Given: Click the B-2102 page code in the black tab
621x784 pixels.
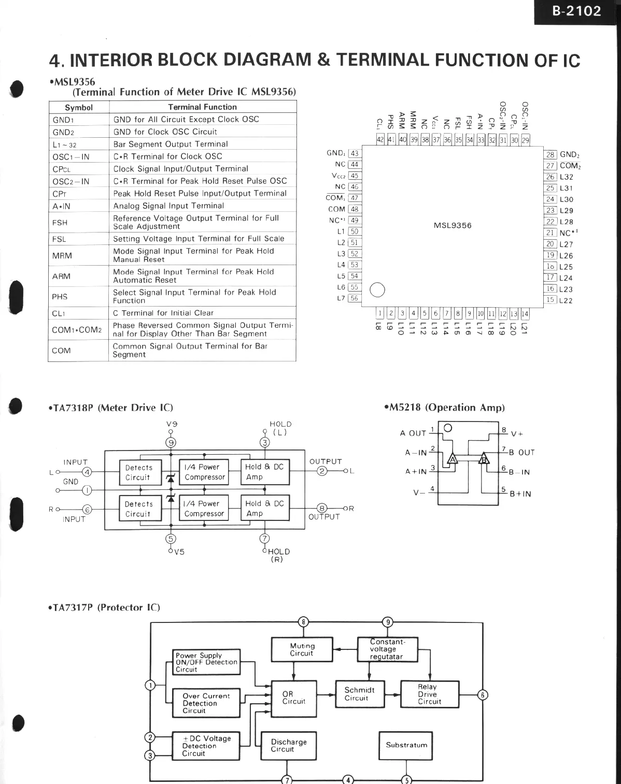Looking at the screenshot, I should (x=576, y=11).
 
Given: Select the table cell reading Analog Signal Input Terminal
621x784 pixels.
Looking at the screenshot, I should (x=169, y=206).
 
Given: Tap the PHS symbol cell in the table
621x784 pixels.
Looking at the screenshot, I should (x=60, y=297).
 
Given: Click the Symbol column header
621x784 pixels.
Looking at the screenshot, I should (x=79, y=108).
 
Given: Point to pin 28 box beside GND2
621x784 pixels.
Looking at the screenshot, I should (x=550, y=154).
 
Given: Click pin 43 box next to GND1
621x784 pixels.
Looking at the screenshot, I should (x=355, y=153).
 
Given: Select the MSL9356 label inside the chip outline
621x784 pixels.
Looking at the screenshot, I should (x=453, y=225).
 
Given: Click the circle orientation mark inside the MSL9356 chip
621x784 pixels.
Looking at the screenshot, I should (x=377, y=290).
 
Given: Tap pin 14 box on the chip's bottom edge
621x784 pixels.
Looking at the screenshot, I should (x=525, y=313).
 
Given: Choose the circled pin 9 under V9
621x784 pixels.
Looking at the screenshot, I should (x=171, y=442).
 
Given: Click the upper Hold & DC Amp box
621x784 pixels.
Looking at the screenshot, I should (x=265, y=472).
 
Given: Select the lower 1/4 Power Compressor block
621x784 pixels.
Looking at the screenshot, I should (x=204, y=509).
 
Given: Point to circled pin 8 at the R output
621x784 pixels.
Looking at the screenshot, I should (x=322, y=509).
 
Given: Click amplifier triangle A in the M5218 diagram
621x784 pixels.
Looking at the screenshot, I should (x=452, y=459).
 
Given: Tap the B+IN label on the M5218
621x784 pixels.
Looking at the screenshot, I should (x=520, y=494).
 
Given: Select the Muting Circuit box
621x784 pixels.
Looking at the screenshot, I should (x=302, y=649).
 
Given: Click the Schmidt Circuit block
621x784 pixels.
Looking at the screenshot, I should (x=359, y=694).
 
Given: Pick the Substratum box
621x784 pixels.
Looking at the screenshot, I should (x=406, y=745).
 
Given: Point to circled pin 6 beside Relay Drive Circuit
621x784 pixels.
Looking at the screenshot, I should (x=482, y=695).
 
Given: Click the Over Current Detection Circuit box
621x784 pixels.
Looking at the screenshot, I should (x=206, y=703).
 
